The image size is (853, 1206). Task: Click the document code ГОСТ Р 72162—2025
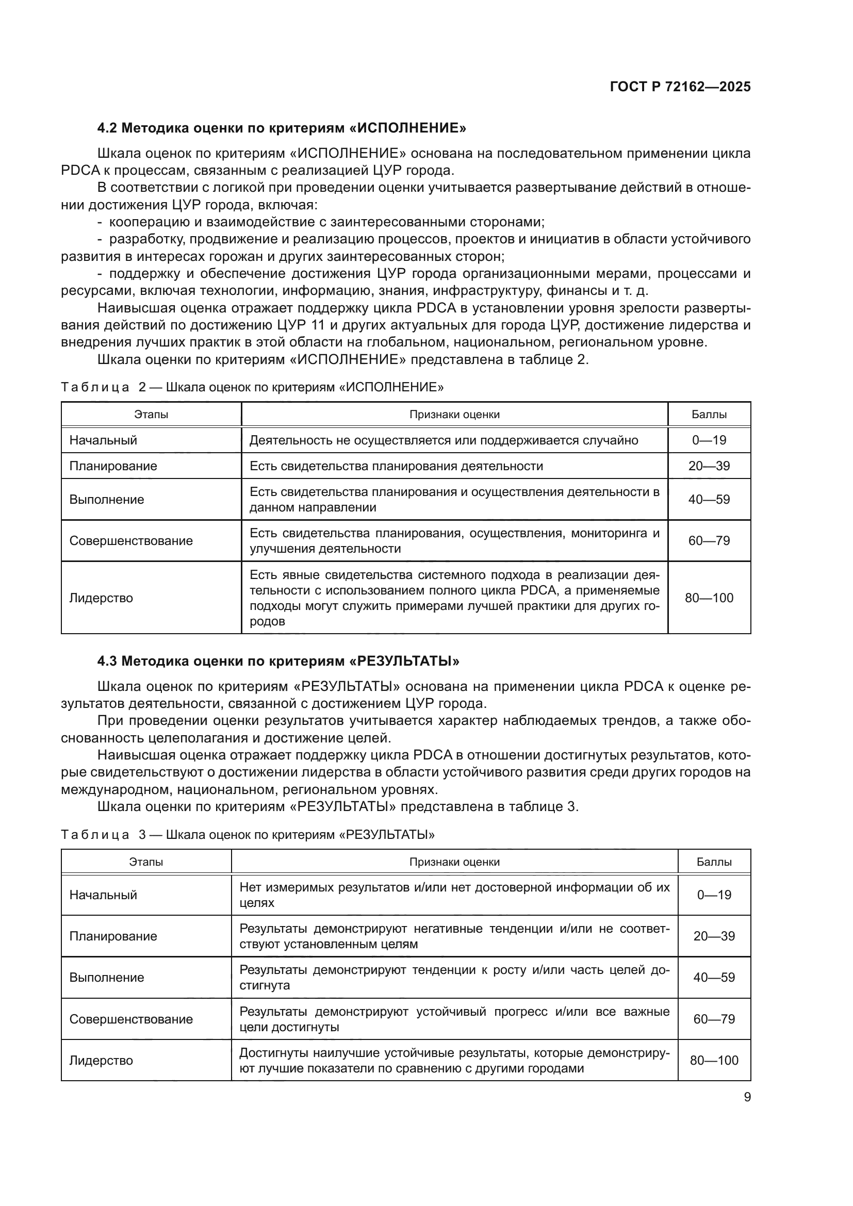point(680,87)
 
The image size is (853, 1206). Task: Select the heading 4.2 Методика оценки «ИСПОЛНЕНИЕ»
point(282,128)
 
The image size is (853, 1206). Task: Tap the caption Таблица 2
point(252,387)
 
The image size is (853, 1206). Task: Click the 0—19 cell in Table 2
point(709,440)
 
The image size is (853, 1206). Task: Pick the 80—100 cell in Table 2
point(709,598)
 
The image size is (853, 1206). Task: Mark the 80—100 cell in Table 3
point(714,1060)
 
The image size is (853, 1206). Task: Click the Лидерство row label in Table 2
point(101,598)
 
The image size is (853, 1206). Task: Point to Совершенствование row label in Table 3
point(131,1019)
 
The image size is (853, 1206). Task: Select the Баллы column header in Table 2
point(709,415)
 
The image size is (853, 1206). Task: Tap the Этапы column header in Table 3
point(146,862)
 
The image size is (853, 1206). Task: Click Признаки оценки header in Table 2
point(454,415)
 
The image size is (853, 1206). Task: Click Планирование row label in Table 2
point(113,466)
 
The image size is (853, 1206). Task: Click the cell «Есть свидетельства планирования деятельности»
point(396,466)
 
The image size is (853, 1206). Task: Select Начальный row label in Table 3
point(103,895)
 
